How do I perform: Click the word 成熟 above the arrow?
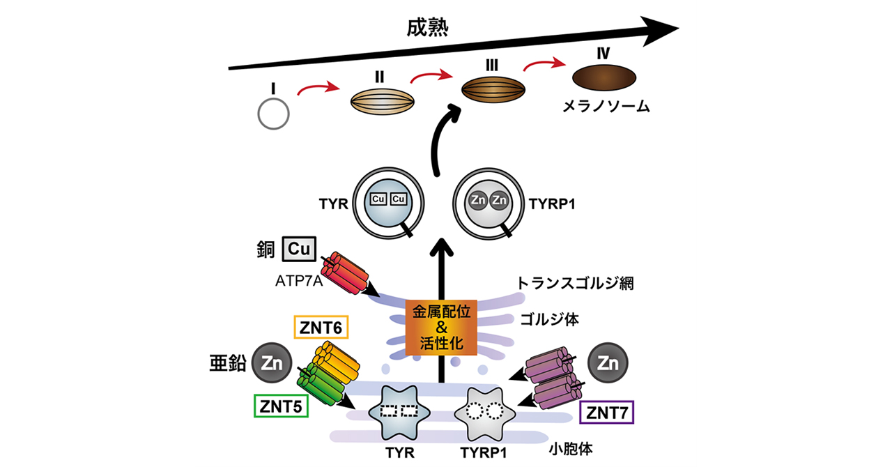coord(427,27)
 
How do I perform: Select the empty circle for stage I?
coord(273,112)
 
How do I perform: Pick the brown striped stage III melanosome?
coord(492,90)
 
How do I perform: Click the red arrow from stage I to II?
coord(318,89)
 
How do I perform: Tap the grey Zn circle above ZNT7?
coord(608,365)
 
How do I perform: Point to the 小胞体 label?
coord(569,448)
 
